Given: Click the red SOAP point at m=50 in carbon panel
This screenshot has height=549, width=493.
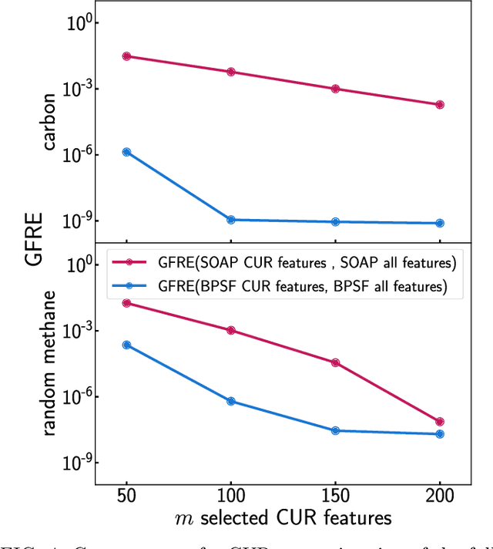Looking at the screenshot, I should pos(126,56).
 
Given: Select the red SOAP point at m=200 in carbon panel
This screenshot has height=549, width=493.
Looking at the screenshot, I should pos(440,105).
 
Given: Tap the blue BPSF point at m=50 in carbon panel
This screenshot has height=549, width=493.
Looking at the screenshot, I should pos(126,152).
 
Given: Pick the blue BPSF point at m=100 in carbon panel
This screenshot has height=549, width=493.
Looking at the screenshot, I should pos(230,220).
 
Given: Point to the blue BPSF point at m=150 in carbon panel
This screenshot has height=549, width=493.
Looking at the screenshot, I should pos(335,221).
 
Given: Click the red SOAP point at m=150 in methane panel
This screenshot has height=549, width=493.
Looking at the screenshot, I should pos(335,362).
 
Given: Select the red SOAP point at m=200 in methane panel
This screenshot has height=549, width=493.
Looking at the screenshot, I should pos(440,422).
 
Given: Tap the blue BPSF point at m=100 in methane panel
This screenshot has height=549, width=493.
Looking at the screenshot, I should pos(230,401).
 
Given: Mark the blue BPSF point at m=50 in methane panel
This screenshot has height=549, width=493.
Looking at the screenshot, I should pos(126,345).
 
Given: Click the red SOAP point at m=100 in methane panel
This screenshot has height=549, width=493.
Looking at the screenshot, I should pos(230,330).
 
